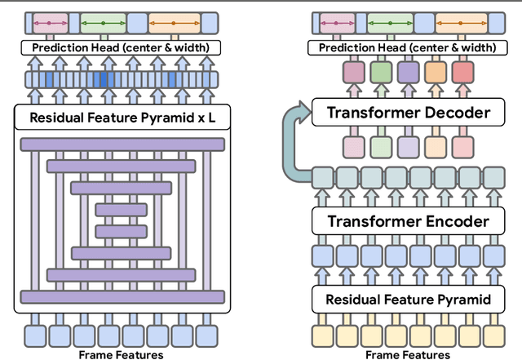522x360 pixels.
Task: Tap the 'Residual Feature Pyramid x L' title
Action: [x=123, y=118]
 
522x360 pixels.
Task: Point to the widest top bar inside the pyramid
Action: [x=122, y=144]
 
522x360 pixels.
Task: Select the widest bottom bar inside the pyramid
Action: [x=122, y=296]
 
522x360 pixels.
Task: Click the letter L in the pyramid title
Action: [x=213, y=118]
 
